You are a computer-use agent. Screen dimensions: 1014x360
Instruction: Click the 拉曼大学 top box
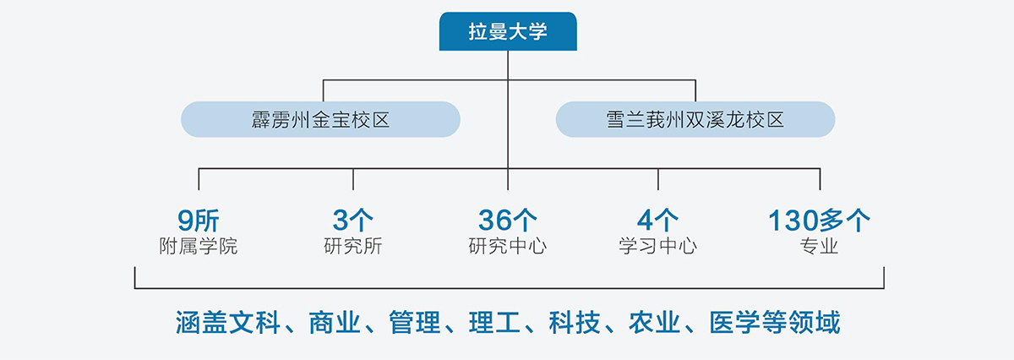pyautogui.click(x=508, y=31)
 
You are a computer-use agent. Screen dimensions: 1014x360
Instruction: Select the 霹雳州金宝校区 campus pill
pyautogui.click(x=320, y=119)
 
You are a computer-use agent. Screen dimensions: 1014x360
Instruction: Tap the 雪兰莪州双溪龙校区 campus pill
pyautogui.click(x=695, y=119)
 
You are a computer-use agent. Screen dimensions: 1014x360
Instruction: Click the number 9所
pyautogui.click(x=199, y=221)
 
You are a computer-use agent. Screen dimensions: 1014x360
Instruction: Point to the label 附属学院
pyautogui.click(x=199, y=246)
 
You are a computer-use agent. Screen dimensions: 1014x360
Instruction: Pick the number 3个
pyautogui.click(x=353, y=220)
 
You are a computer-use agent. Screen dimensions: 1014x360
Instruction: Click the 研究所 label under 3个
pyautogui.click(x=353, y=246)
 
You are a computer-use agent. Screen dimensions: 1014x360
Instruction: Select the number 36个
pyautogui.click(x=508, y=220)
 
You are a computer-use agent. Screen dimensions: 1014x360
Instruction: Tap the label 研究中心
pyautogui.click(x=508, y=246)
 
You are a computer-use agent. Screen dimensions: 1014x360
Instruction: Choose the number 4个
pyautogui.click(x=657, y=220)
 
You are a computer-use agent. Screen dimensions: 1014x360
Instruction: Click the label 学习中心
pyautogui.click(x=657, y=246)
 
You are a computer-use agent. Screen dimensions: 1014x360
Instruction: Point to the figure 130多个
pyautogui.click(x=820, y=220)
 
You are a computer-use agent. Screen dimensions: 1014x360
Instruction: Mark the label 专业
pyautogui.click(x=820, y=246)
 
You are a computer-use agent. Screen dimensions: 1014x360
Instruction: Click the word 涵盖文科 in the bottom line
pyautogui.click(x=227, y=323)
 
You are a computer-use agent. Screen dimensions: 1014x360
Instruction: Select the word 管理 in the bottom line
pyautogui.click(x=415, y=323)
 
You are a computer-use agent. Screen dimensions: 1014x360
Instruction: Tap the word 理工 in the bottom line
pyautogui.click(x=494, y=323)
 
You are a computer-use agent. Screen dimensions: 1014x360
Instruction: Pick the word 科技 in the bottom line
pyautogui.click(x=575, y=323)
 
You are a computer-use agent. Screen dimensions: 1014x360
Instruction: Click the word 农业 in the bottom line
pyautogui.click(x=655, y=323)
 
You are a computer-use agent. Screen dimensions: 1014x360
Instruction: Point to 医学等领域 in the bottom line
pyautogui.click(x=775, y=323)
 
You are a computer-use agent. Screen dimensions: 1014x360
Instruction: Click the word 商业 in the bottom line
pyautogui.click(x=335, y=323)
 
